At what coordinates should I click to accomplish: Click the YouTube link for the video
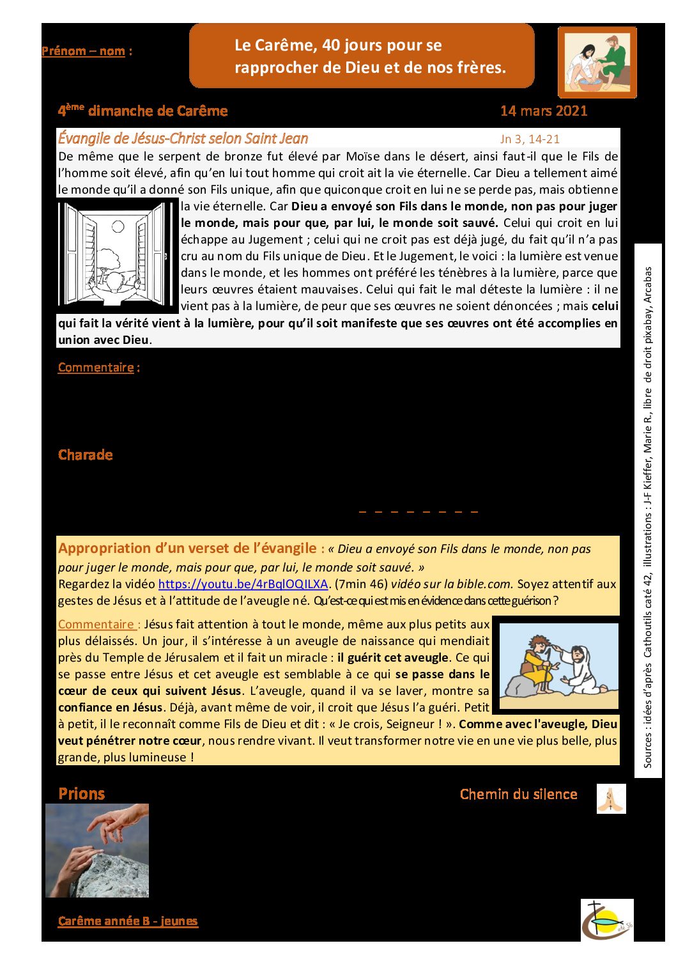coord(243,584)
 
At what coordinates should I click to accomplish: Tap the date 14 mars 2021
coord(544,111)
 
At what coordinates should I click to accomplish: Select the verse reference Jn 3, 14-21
coord(530,139)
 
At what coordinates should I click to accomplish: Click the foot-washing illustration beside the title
coord(597,63)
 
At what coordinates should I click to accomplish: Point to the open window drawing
coord(117,254)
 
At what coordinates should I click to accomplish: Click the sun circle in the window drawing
coord(118,226)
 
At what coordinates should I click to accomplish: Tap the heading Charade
coord(85,455)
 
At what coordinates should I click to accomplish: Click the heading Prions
coord(81,794)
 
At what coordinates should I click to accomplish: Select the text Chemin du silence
coord(518,794)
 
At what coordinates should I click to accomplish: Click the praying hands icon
coord(611,799)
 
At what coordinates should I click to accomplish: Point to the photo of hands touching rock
coord(97,850)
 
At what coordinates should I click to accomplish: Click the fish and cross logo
coord(606,920)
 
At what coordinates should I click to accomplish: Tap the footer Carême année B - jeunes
coord(128,921)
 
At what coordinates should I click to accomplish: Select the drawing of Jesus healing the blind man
coord(558,665)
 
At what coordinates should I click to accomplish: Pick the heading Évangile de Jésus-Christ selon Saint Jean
coord(183,138)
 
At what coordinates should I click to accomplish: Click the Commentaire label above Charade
coord(96,367)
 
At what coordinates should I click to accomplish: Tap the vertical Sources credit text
coord(648,517)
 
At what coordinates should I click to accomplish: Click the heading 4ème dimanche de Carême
coord(142,111)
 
